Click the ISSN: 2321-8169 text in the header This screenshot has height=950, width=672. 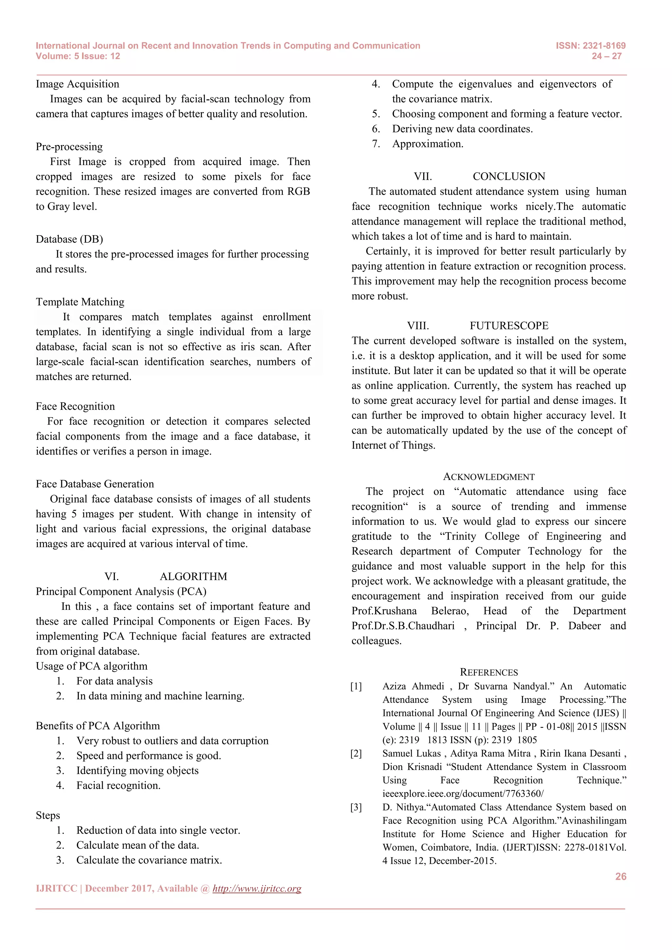[591, 46]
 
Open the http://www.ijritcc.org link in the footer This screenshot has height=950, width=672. [257, 889]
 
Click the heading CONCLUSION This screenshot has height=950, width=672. [509, 177]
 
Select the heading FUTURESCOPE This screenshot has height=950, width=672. [509, 326]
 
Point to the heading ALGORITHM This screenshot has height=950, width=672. [193, 576]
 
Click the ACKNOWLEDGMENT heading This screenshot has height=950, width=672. [489, 477]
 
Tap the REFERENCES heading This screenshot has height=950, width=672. [489, 672]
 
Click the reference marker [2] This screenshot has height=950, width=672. [356, 754]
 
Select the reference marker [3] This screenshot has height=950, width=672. [356, 807]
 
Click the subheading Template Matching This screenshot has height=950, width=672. [80, 302]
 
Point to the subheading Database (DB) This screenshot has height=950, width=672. [69, 239]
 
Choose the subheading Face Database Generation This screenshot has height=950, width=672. [95, 484]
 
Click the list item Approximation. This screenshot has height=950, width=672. [428, 144]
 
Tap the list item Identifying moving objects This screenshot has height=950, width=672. [137, 771]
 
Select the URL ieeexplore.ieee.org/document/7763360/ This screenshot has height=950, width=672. [463, 794]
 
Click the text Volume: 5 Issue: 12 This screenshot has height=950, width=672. [78, 56]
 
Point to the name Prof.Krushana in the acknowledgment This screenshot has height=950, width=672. [384, 611]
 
